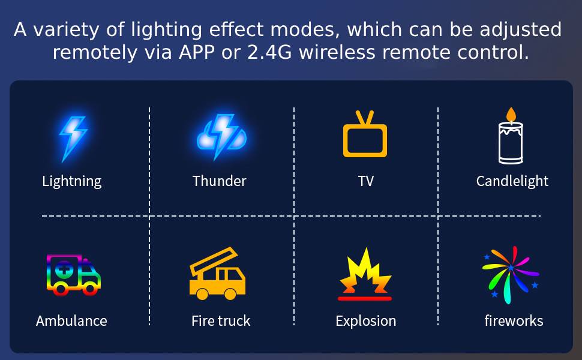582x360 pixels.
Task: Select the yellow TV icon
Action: coord(365,134)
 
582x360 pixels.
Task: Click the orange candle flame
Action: coord(511,115)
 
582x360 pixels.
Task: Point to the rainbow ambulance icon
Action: coord(73,275)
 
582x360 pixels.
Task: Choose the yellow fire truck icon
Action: coord(218,274)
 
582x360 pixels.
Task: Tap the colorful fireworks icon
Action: coord(511,275)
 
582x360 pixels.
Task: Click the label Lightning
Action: coord(71,181)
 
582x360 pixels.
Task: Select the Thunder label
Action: coord(220,181)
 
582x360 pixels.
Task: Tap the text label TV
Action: coord(365,181)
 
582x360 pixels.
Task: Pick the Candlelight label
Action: coord(512,181)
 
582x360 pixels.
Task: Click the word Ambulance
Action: coord(71,321)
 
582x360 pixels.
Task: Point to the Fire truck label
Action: coord(221,321)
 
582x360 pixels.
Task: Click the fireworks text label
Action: coord(514,320)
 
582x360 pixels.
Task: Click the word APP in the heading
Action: coord(197,52)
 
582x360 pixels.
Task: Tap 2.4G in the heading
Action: coord(269,52)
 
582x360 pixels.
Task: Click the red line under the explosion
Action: coord(365,298)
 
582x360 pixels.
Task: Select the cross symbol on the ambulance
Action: coord(64,269)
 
